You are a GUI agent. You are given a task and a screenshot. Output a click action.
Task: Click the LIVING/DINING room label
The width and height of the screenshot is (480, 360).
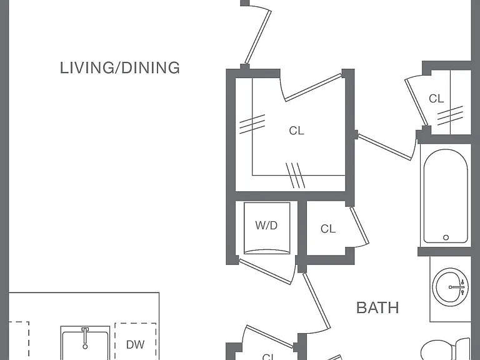[120, 68]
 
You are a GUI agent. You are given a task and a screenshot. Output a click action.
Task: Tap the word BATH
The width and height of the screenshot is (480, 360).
[377, 307]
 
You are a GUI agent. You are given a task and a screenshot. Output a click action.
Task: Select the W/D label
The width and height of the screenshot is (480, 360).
[266, 226]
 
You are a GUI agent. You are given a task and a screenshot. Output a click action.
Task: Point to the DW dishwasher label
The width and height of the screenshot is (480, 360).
[135, 345]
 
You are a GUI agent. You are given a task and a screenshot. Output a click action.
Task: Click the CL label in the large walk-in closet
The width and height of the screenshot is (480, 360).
[296, 131]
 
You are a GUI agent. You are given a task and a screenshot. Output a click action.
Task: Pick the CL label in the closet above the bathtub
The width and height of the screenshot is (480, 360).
[436, 99]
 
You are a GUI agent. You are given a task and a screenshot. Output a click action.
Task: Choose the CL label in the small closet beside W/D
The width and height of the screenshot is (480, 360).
[328, 229]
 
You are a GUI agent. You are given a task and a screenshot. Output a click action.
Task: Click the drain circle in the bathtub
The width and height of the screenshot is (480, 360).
[446, 237]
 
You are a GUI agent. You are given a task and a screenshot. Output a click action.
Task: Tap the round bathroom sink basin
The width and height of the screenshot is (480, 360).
[450, 287]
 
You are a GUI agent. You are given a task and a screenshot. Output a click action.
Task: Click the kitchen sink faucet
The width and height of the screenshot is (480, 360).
[85, 338]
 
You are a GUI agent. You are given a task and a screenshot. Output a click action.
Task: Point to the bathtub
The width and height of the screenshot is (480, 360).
[446, 196]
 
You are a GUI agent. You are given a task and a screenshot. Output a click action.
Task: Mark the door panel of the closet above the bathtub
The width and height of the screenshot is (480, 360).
[416, 102]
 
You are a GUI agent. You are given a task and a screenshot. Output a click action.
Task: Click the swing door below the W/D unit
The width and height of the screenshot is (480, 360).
[265, 271]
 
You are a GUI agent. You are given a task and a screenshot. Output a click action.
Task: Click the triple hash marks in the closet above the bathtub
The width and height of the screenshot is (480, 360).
[450, 116]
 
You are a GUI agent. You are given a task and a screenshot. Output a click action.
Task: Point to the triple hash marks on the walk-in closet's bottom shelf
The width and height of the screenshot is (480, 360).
[296, 175]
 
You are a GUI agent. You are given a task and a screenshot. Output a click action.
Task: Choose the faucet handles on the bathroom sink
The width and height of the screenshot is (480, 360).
[462, 287]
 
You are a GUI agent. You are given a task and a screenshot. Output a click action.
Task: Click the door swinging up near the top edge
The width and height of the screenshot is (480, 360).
[257, 37]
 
